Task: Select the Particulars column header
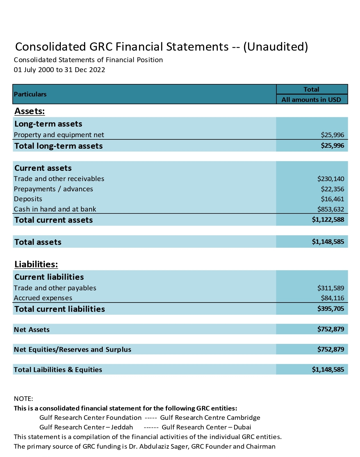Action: (x=30, y=94)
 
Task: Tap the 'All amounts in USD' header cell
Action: (x=311, y=100)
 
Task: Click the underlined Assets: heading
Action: (x=29, y=111)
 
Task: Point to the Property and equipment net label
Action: (x=59, y=135)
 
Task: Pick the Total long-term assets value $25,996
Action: (x=332, y=146)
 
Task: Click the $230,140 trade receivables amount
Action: (x=331, y=179)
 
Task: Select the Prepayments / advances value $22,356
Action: (x=332, y=189)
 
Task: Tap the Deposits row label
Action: (x=28, y=199)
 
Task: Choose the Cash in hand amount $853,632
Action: (x=331, y=209)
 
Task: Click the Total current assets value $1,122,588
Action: (x=328, y=220)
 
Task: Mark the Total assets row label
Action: (x=38, y=242)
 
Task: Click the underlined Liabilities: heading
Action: (x=36, y=264)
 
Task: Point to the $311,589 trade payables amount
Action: (x=331, y=288)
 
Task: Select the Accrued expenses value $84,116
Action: (x=332, y=298)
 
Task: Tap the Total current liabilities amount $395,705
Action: (x=331, y=309)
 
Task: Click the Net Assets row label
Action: (x=32, y=330)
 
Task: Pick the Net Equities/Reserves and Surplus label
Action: (x=72, y=350)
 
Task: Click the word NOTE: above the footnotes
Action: (x=23, y=399)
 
